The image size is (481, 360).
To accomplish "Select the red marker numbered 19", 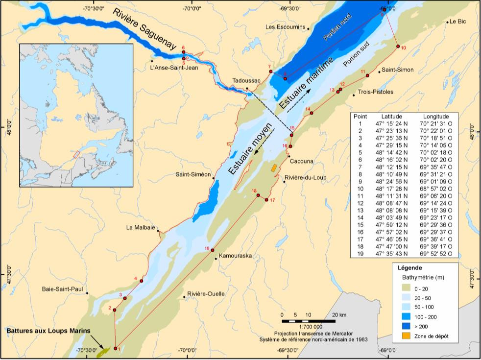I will click(x=213, y=251).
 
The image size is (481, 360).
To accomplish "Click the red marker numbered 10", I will click(x=398, y=47).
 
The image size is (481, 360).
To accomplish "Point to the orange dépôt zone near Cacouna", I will click(x=274, y=168).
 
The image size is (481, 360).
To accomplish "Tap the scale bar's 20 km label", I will click(x=339, y=314).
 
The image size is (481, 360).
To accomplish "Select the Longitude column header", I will click(x=435, y=117).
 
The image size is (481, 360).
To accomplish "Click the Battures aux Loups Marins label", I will click(x=48, y=331).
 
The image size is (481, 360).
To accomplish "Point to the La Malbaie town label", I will click(x=141, y=228).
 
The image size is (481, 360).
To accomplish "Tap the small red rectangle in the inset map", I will click(x=76, y=154).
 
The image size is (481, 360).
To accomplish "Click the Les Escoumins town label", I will click(x=285, y=27).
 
